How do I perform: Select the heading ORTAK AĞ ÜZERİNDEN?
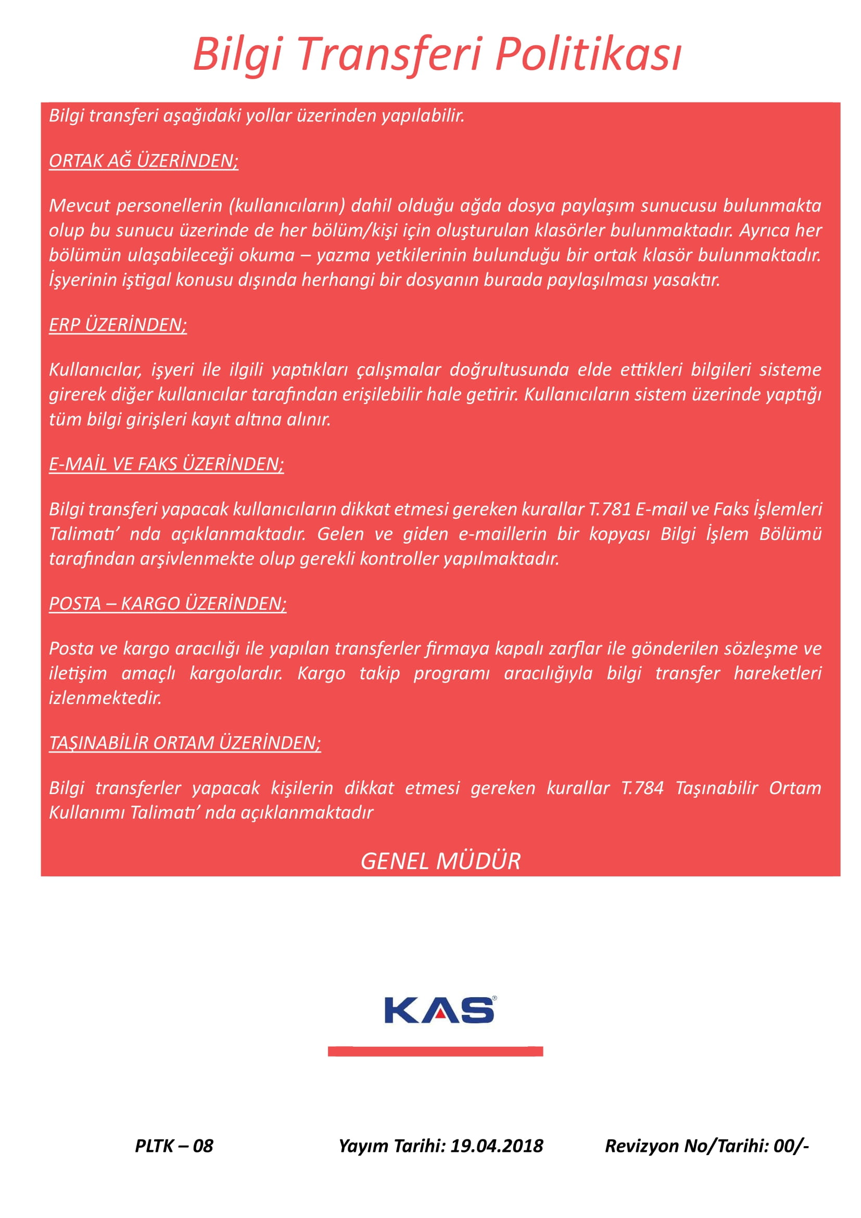(x=143, y=161)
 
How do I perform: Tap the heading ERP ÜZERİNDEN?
(x=118, y=324)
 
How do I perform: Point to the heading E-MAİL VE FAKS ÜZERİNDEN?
(x=166, y=464)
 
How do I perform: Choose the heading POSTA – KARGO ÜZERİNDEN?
(x=168, y=604)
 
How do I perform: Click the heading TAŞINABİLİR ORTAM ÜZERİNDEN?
(x=184, y=743)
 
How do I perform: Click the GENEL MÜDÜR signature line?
(x=440, y=860)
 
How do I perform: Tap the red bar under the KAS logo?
(x=435, y=1051)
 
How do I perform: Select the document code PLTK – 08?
(x=174, y=1145)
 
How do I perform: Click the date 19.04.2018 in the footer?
(x=497, y=1145)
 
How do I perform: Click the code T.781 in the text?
(x=610, y=509)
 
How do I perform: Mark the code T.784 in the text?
(x=642, y=788)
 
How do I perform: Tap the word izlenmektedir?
(x=105, y=698)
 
